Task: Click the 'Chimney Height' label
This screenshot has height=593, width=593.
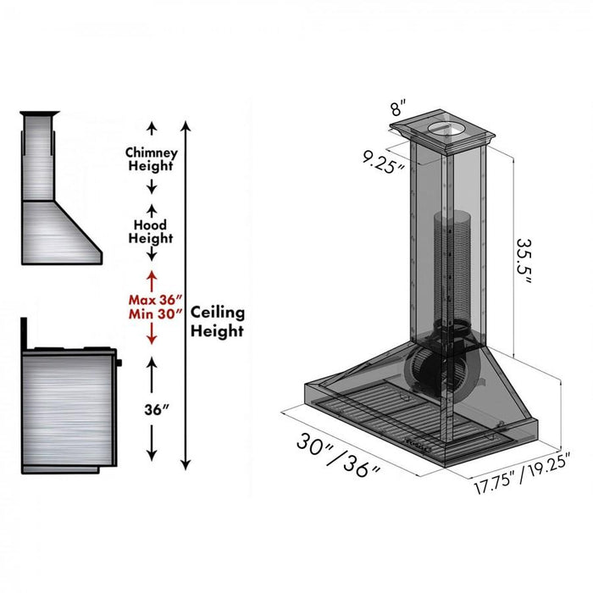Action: coord(152,159)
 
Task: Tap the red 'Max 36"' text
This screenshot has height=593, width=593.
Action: coord(152,299)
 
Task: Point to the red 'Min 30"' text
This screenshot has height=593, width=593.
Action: coord(152,314)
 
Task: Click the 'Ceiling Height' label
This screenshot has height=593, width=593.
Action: coord(217,322)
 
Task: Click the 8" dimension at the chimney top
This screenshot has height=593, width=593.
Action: coord(397,108)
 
